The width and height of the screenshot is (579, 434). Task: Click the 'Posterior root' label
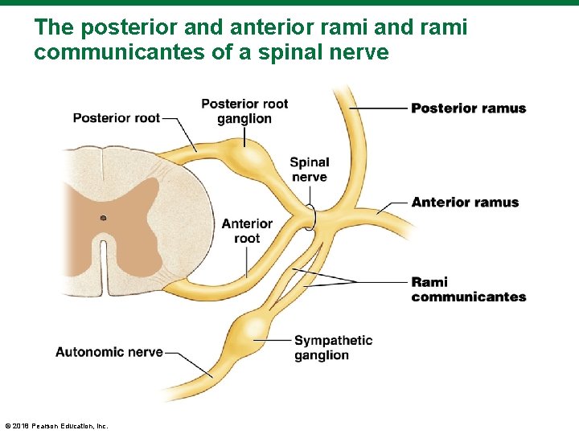[116, 118]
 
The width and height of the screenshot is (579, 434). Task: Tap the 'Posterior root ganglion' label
[244, 111]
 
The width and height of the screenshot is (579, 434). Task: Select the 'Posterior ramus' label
[468, 108]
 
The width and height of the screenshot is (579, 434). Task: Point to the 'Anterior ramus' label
[465, 203]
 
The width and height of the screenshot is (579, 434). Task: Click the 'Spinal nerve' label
[310, 170]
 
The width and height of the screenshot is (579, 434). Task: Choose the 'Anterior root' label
[247, 231]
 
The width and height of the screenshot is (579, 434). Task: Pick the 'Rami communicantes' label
[468, 289]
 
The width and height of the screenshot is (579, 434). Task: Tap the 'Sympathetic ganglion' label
[333, 348]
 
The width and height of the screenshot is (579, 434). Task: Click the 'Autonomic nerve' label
[109, 352]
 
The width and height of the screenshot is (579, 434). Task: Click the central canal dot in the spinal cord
[103, 218]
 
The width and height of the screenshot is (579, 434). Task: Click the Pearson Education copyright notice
[56, 425]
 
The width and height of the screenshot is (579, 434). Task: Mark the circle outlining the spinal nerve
[310, 218]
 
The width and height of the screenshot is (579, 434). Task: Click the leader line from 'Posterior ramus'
[378, 108]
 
